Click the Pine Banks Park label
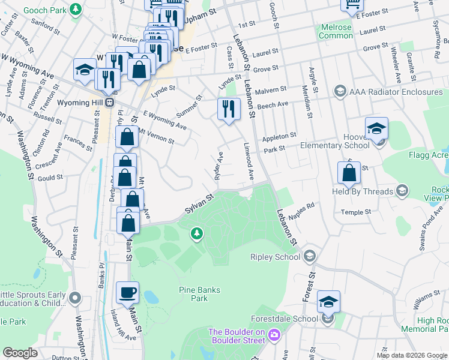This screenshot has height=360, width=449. pos(200,294)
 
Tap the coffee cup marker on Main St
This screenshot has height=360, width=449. pos(127,293)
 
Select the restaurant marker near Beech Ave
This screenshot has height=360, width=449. pos(229,109)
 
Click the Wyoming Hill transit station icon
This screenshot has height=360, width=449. pos(110,103)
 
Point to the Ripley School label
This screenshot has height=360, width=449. pos(275,257)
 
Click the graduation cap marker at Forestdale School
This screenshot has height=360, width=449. pos(328,302)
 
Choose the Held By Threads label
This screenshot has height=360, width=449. pos(363,192)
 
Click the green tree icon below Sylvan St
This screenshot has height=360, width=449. pos(196,233)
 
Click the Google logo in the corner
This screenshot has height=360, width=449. pos(20,353)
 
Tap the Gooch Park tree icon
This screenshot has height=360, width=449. pos(76,10)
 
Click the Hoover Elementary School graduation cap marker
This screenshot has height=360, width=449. pos(376,129)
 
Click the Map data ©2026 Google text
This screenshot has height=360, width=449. pos(412,355)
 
